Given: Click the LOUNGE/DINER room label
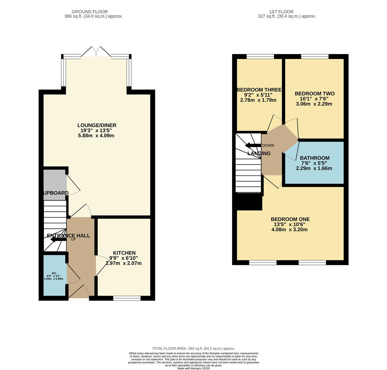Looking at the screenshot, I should [97, 125].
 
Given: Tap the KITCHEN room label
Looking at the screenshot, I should [124, 253].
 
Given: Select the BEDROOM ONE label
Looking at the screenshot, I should [290, 219].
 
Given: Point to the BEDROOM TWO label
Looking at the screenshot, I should [314, 94].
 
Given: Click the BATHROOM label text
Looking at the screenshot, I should [314, 158].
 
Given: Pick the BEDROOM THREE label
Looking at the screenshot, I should [259, 90].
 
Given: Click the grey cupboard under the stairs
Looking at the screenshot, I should [55, 182].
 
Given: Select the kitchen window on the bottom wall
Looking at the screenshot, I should [127, 298].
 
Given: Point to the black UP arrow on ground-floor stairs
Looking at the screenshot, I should [58, 239].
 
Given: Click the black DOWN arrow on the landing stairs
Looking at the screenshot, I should [253, 145].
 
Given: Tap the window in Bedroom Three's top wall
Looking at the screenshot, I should [260, 57].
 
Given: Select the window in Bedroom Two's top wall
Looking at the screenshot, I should [315, 57].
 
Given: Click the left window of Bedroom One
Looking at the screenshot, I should [263, 262].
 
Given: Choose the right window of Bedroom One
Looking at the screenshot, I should [312, 262].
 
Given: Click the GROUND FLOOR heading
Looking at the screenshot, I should [90, 12].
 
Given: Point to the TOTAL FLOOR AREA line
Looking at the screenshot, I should [193, 348].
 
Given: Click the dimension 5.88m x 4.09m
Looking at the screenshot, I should [96, 136].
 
